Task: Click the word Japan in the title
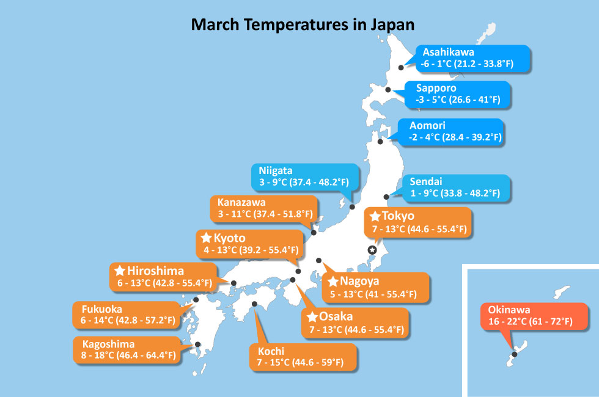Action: (392, 25)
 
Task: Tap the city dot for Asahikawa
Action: (401, 68)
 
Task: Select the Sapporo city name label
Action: (436, 88)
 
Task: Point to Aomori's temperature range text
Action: (455, 137)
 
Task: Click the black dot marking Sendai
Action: (386, 197)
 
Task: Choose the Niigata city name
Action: (276, 170)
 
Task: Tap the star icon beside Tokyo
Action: (375, 216)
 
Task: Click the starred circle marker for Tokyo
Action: (372, 250)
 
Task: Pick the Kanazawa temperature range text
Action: (265, 214)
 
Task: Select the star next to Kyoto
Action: (207, 238)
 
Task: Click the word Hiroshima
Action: (155, 271)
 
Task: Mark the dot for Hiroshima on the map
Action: (233, 283)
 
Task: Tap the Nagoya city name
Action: (359, 282)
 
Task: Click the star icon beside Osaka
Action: (312, 316)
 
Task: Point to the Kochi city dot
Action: (254, 304)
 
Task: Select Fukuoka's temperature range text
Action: (128, 320)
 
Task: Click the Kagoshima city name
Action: (109, 344)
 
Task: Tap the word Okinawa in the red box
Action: (509, 310)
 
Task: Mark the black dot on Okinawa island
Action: (514, 354)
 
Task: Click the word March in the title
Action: (215, 25)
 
